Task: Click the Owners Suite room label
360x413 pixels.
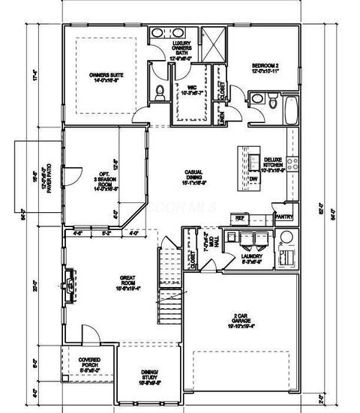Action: pyautogui.click(x=106, y=78)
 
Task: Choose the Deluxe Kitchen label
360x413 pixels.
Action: pyautogui.click(x=273, y=166)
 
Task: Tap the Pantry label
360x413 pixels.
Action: pyautogui.click(x=283, y=217)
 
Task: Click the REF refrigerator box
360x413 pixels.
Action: pyautogui.click(x=241, y=217)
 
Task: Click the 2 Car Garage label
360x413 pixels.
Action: pyautogui.click(x=241, y=321)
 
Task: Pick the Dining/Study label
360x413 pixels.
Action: pyautogui.click(x=148, y=377)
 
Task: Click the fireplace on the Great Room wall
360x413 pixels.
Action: pyautogui.click(x=70, y=283)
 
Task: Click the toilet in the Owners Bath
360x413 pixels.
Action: pyautogui.click(x=159, y=92)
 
